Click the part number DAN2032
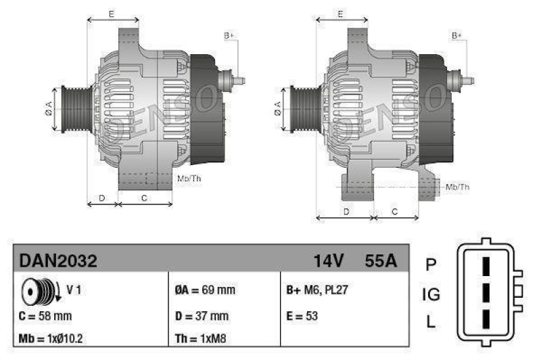[x=58, y=261]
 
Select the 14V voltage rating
[x=329, y=261]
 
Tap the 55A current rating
[x=380, y=261]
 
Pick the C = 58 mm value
[x=45, y=315]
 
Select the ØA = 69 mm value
[x=205, y=291]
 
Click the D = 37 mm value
[x=201, y=315]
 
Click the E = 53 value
[x=302, y=315]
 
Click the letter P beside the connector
[x=431, y=264]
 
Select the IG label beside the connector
[x=431, y=294]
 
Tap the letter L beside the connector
[x=431, y=323]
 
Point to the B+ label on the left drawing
[x=229, y=35]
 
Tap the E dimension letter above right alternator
[x=341, y=14]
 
